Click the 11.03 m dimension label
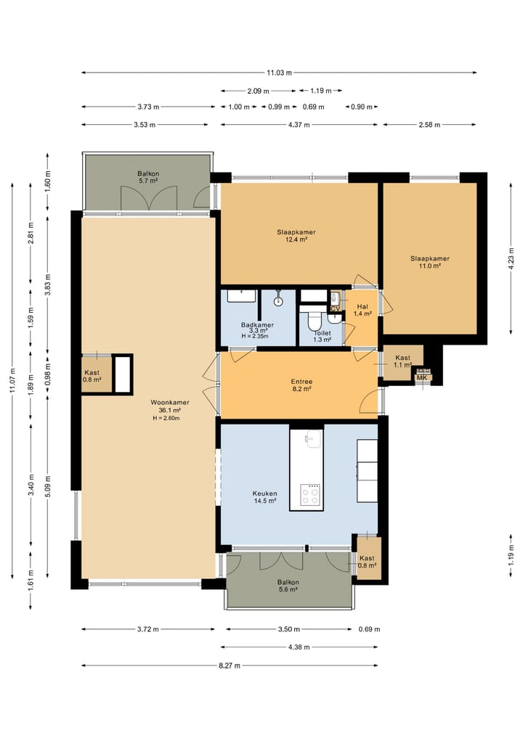pos(279,73)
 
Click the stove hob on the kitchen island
pos(311,496)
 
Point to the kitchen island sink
pos(312,439)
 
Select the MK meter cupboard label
pos(422,377)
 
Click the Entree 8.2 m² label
pos(301,385)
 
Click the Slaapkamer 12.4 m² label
pos(296,236)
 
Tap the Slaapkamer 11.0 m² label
pos(429,262)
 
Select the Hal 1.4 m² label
pos(362,310)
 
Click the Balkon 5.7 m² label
pos(148,178)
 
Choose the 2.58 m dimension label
pos(430,125)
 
